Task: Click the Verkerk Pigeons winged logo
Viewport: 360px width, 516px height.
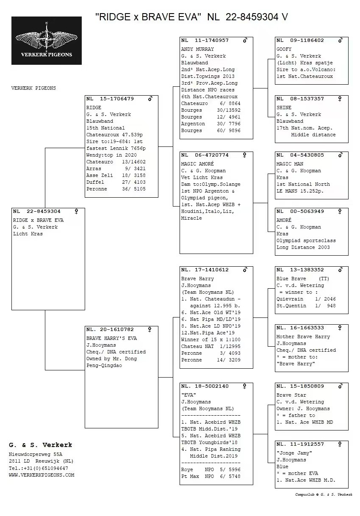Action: point(47,41)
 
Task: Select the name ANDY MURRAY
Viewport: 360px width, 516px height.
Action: point(197,49)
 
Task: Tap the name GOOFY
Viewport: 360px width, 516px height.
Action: point(284,49)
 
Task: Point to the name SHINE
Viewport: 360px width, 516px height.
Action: point(284,108)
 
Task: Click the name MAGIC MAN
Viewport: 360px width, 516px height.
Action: point(290,164)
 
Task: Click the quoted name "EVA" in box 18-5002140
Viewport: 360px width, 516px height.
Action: point(188,395)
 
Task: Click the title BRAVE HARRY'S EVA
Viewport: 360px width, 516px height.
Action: point(111,338)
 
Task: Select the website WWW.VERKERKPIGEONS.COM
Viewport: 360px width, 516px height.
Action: point(42,475)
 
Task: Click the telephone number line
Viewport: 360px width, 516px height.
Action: point(38,468)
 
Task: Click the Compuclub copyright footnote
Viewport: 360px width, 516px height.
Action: point(324,494)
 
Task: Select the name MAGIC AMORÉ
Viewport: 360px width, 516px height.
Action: point(197,164)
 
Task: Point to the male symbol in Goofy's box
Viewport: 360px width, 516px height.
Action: point(340,41)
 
